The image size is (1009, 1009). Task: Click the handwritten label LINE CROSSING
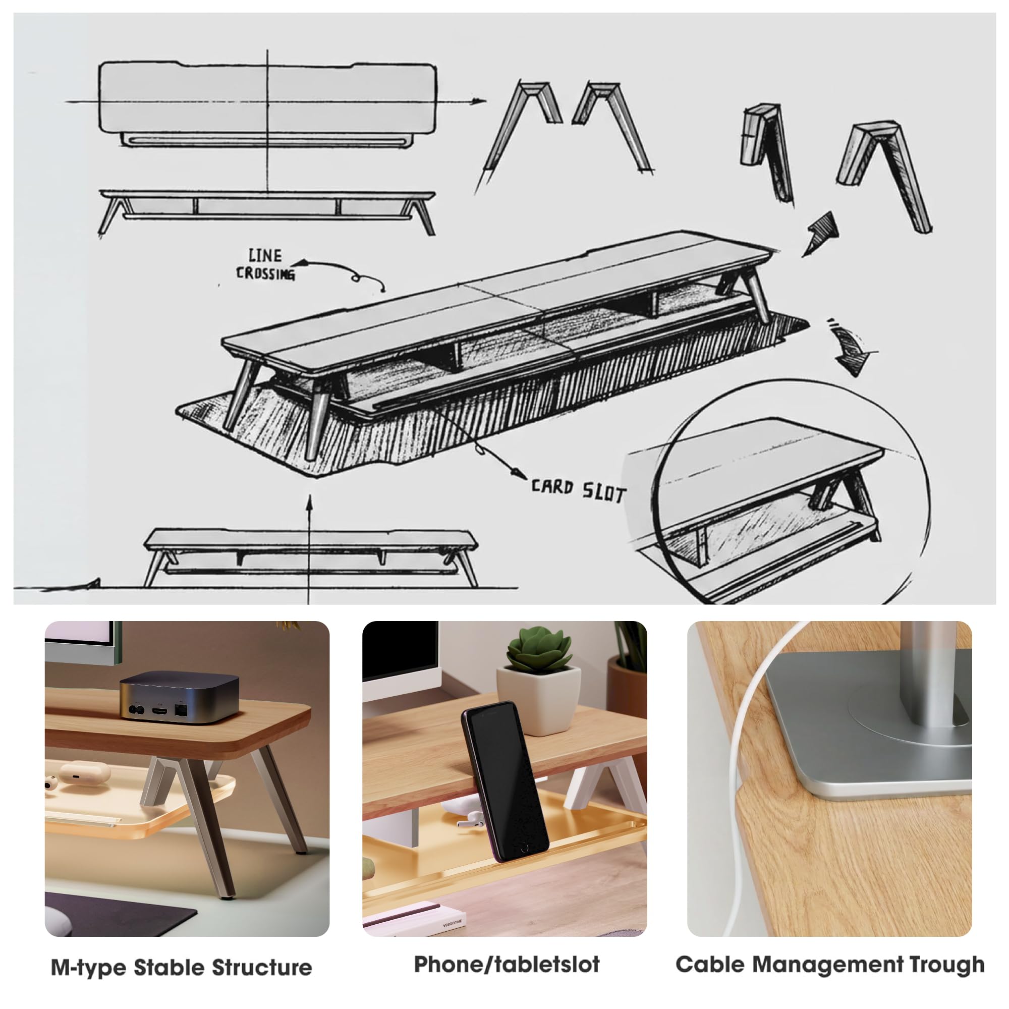pyautogui.click(x=265, y=265)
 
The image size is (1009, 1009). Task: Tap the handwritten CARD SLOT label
pyautogui.click(x=578, y=490)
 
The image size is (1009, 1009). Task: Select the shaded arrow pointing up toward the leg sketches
pyautogui.click(x=820, y=233)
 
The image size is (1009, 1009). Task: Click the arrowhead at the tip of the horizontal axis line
pyautogui.click(x=478, y=101)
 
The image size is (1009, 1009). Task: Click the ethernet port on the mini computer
pyautogui.click(x=181, y=710)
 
